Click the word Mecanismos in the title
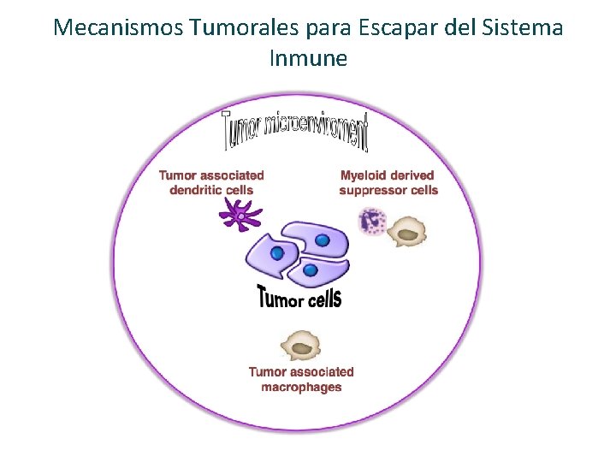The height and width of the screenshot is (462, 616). pos(118,27)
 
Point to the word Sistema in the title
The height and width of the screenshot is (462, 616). pos(522,27)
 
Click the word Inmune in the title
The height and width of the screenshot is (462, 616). pos(308,58)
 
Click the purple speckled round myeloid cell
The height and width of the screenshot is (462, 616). pos(374,222)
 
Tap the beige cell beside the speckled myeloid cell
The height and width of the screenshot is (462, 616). pos(409,230)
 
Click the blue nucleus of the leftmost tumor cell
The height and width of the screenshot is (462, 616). pos(278,253)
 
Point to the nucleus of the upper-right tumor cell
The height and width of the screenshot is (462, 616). pos(323,240)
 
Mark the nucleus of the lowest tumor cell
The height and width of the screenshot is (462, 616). pos(311,270)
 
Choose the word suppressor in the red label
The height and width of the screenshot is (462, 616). pos(373,190)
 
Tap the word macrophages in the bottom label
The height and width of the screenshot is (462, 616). pos(301,387)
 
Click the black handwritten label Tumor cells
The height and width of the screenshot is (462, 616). pos(299,298)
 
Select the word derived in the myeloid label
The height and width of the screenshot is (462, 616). pos(412,175)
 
